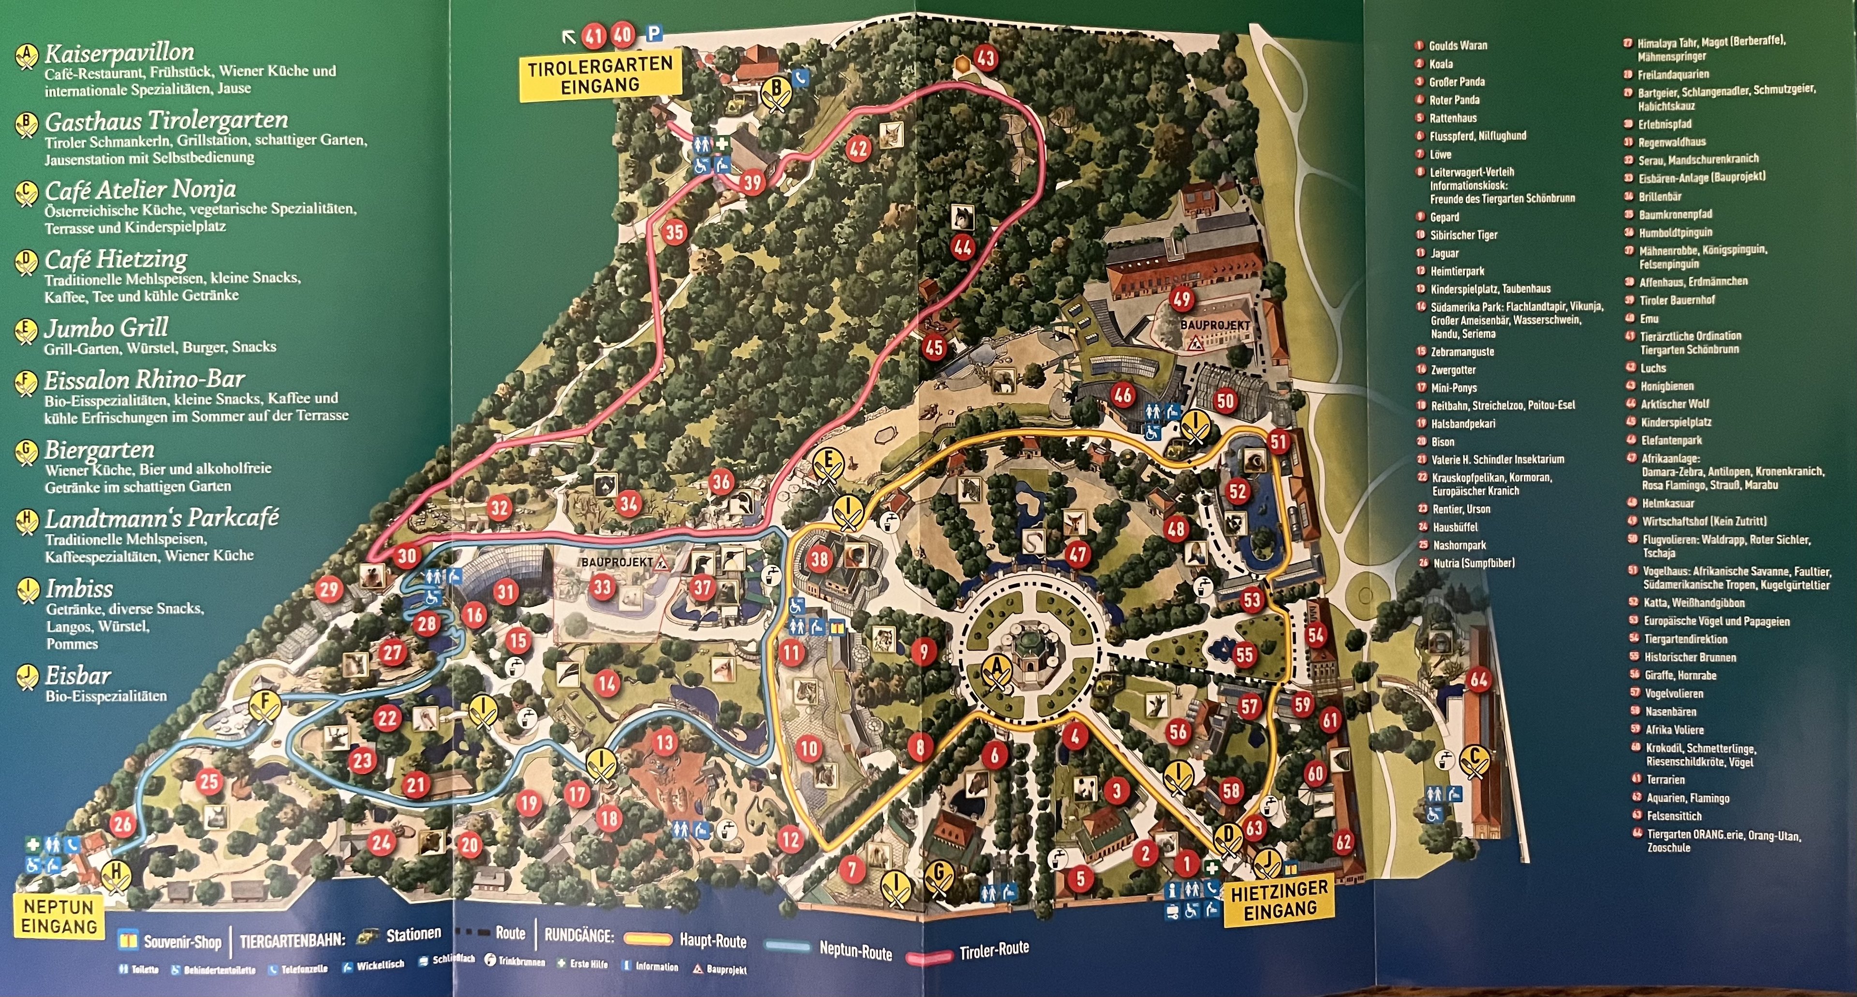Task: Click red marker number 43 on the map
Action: pyautogui.click(x=986, y=58)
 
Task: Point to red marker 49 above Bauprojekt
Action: pyautogui.click(x=1181, y=298)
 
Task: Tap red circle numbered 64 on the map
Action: pyautogui.click(x=1478, y=679)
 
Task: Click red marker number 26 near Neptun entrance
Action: pyautogui.click(x=123, y=823)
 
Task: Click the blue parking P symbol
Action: pyautogui.click(x=654, y=33)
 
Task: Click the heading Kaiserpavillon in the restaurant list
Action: pyautogui.click(x=119, y=53)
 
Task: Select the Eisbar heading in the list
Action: pyautogui.click(x=78, y=676)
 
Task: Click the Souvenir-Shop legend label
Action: pyautogui.click(x=182, y=941)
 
